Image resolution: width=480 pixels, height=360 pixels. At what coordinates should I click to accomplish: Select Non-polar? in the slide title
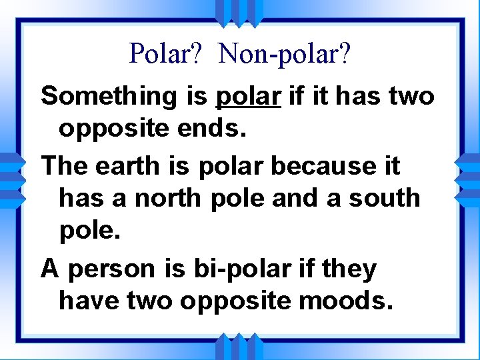coord(284,53)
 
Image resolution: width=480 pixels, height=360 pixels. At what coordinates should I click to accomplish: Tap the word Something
coord(107,97)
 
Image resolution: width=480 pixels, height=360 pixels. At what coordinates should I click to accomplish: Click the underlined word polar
coord(248,97)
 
